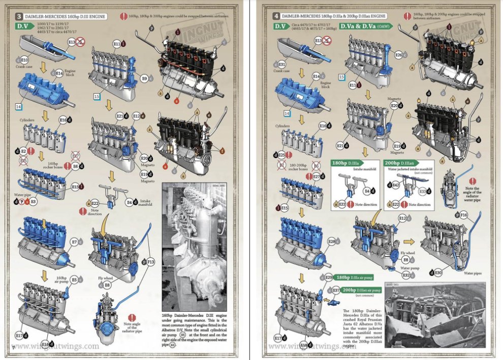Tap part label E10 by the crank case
pyautogui.click(x=24, y=61)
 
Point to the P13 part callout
pyautogui.click(x=151, y=261)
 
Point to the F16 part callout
pyautogui.click(x=463, y=216)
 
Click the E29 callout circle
pyautogui.click(x=328, y=277)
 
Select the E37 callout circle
pyautogui.click(x=336, y=290)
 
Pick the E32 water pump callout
pyautogui.click(x=406, y=275)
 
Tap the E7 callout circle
pyautogui.click(x=74, y=242)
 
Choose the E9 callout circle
pyautogui.click(x=144, y=79)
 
